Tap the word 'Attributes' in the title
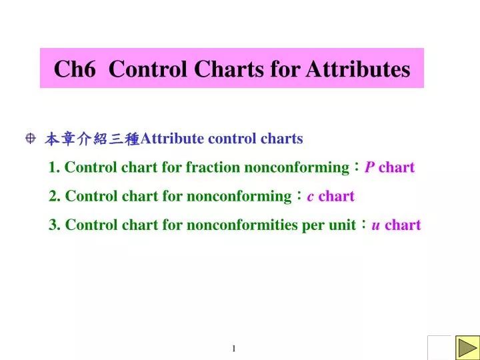357,69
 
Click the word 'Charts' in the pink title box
228,69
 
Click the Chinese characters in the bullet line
93,139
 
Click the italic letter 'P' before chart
369,167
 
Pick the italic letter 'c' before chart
311,196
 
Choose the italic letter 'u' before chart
376,225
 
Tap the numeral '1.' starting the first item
55,167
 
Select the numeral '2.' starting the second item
55,196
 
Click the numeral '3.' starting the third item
55,225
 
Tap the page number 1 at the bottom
235,349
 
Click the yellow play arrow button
467,347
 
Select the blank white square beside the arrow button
439,347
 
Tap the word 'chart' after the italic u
403,225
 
